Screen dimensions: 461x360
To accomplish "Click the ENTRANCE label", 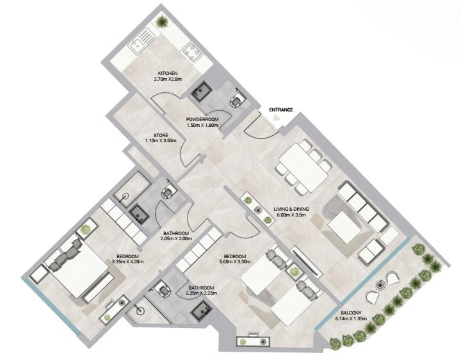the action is [x=281, y=110].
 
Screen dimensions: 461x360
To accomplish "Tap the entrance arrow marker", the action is [x=277, y=118].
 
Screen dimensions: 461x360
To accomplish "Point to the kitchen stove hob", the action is [x=192, y=52].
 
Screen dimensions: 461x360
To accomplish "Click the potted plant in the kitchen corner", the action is [x=161, y=22].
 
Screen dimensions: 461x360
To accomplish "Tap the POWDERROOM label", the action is [x=202, y=119].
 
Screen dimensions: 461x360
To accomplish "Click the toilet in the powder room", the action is [x=236, y=100].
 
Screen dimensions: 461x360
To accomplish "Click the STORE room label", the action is [x=161, y=135].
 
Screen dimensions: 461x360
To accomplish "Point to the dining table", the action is [x=303, y=168].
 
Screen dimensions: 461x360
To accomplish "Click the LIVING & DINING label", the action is [x=291, y=209].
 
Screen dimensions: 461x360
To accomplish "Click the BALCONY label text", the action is [x=351, y=313].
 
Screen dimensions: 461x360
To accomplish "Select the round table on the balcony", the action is [x=381, y=284].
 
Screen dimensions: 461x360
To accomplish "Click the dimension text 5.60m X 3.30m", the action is [x=234, y=261].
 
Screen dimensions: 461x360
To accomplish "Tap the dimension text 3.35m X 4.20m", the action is [x=128, y=261].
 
